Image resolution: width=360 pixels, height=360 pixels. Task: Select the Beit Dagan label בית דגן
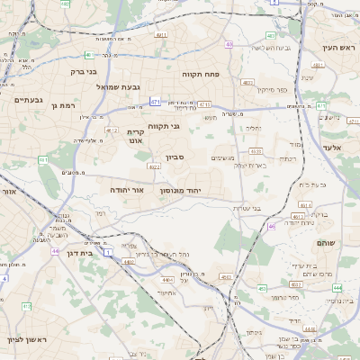pos(81,255)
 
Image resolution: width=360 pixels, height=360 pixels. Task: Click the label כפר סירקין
pos(274,90)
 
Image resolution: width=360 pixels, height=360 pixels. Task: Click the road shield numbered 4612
pos(112,130)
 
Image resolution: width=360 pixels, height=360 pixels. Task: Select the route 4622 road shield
pos(154,166)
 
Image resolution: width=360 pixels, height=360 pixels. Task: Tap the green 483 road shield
pos(271,36)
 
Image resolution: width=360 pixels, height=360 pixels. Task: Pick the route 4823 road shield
pos(247,82)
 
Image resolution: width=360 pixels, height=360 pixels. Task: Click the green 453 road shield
pos(262,288)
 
